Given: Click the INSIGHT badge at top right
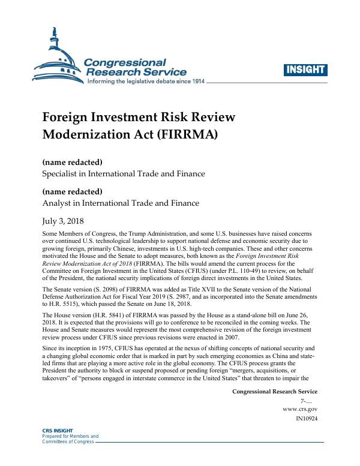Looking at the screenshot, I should click(306, 70).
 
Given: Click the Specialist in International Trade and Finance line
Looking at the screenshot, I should click(123, 174).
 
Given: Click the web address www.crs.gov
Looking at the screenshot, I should click(300, 409).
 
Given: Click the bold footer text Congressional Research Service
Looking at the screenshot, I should click(274, 392).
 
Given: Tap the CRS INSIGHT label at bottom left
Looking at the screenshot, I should click(55, 431).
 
